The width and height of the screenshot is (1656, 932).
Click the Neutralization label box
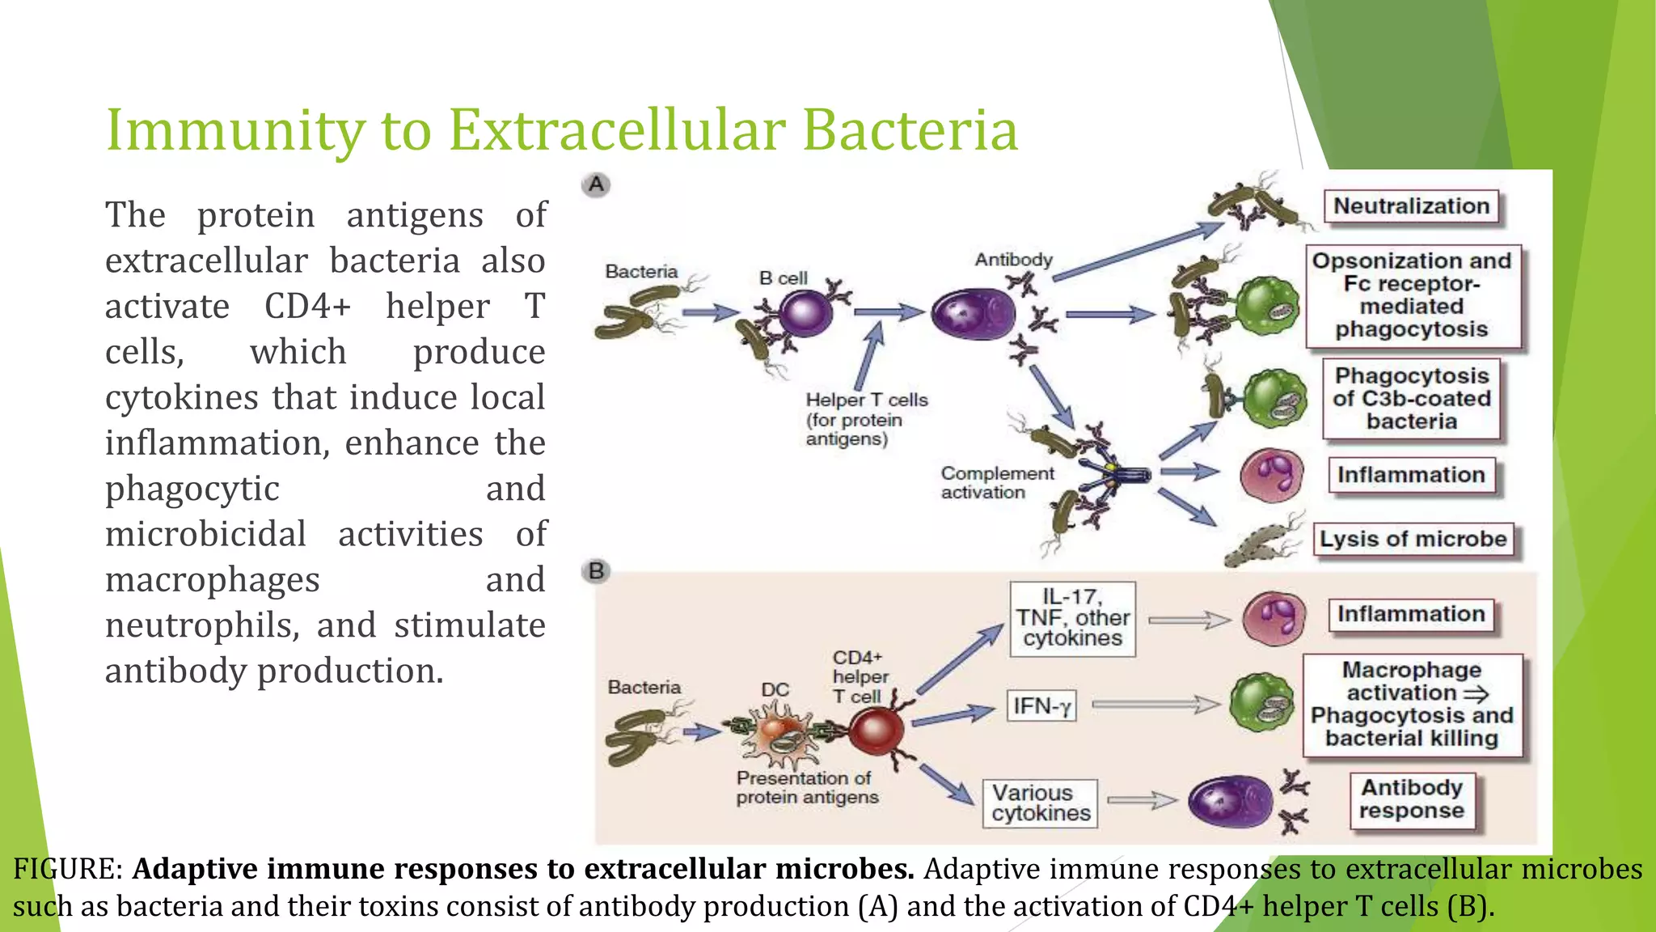[x=1411, y=206]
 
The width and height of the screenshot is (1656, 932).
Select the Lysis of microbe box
[x=1413, y=539]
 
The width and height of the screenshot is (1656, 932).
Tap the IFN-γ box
[x=1041, y=706]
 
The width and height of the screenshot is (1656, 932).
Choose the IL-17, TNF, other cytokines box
[x=1072, y=618]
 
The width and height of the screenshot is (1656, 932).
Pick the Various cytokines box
[x=1041, y=803]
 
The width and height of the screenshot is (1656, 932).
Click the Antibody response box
[x=1411, y=799]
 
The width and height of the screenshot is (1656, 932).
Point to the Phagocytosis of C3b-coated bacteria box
[x=1411, y=399]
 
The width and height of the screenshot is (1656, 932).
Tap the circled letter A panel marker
[x=596, y=185]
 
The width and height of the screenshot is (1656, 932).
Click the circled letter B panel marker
[x=596, y=571]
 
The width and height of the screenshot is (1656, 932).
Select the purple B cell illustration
[x=805, y=314]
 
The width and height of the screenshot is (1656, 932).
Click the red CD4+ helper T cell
[x=876, y=731]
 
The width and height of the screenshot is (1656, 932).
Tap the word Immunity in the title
[x=235, y=130]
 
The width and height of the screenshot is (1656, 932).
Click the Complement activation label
[x=996, y=483]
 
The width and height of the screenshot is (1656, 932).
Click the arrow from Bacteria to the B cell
[x=709, y=312]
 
